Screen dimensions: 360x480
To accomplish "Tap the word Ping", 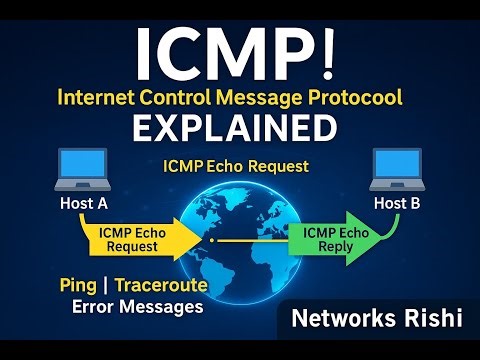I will point(79,287).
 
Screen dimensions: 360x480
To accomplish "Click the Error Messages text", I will point(137,307).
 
